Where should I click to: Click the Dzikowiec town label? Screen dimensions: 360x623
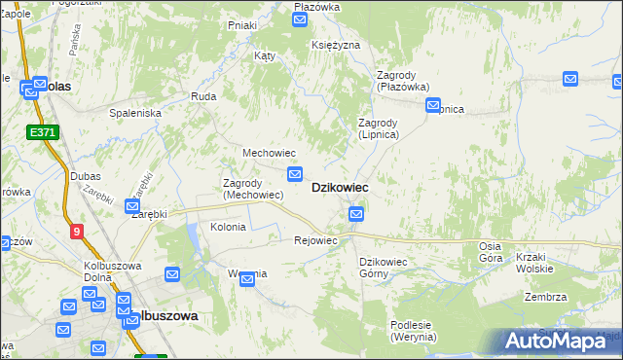coord(339,188)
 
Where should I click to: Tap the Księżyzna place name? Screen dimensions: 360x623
coord(336,46)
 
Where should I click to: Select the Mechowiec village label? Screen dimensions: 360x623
coord(269,154)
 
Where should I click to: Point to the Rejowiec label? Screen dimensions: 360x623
coord(315,240)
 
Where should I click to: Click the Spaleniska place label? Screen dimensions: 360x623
coord(134,113)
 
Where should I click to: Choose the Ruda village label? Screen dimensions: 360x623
coord(203,96)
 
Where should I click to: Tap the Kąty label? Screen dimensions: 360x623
coord(264,56)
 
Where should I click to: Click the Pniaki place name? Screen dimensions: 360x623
coord(241,25)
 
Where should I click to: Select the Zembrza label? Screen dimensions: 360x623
coord(545,297)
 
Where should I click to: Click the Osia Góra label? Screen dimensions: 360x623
coord(490,252)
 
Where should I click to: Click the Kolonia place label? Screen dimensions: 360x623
coord(229,227)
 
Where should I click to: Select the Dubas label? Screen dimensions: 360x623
coord(86,176)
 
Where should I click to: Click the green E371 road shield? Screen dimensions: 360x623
coord(42,131)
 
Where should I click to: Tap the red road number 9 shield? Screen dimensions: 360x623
coord(77,232)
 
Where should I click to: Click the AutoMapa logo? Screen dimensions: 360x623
coord(561,341)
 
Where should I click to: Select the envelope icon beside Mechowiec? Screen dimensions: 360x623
coord(294,174)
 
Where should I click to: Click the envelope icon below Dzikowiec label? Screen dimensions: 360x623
coord(358,213)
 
